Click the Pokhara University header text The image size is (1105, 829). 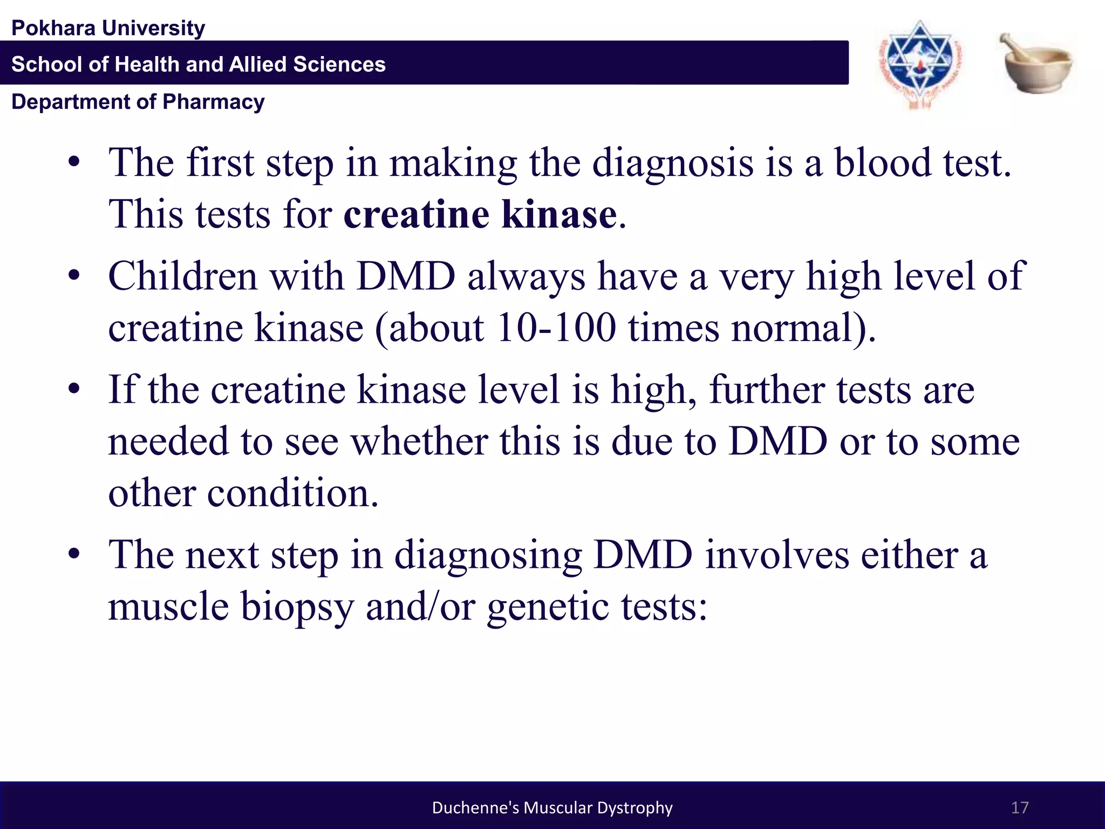(x=108, y=28)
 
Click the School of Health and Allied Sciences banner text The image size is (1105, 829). (x=198, y=64)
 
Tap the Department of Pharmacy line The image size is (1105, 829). (x=138, y=101)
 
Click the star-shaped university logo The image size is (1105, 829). (x=919, y=64)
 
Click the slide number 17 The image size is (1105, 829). (x=1019, y=807)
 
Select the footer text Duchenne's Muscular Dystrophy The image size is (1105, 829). (x=552, y=807)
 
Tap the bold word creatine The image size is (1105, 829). (x=416, y=214)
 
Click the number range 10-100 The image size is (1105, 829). (x=556, y=328)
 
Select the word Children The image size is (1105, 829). (x=183, y=276)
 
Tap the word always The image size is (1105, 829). (x=526, y=276)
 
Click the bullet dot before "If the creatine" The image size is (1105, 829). (x=74, y=388)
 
